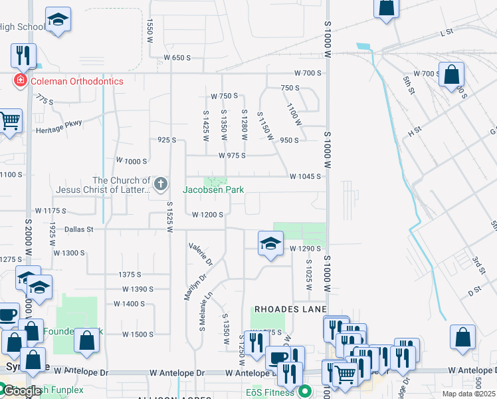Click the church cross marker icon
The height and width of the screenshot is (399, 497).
[159, 184]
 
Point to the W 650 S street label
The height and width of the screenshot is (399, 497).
[176, 58]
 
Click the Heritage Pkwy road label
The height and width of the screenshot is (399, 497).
[58, 130]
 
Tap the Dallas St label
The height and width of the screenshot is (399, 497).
[80, 229]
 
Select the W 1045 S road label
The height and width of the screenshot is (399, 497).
[305, 176]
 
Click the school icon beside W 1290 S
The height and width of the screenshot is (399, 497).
[270, 244]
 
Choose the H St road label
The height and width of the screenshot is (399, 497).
[415, 132]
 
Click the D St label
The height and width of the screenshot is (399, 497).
[474, 290]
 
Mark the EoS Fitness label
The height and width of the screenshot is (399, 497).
[272, 392]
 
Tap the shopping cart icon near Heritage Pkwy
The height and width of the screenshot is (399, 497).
[9, 122]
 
